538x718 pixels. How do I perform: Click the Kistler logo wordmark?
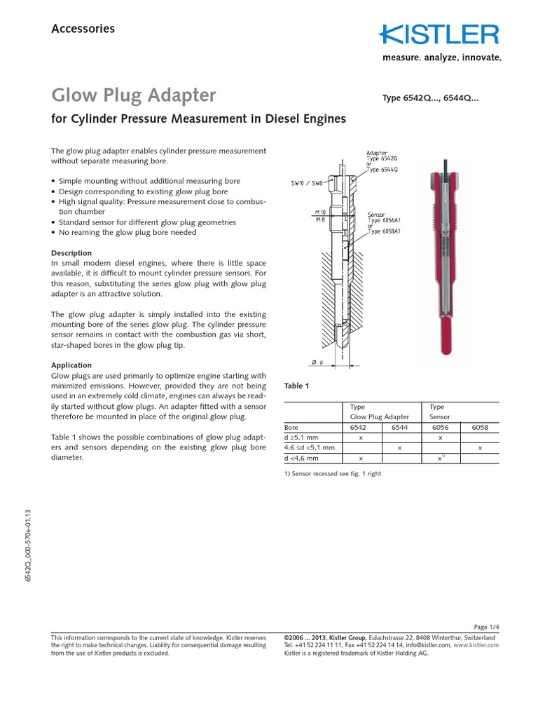440,35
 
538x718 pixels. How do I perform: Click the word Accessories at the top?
83,29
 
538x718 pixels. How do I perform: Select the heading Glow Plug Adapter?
134,95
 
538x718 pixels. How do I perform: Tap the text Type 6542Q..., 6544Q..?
430,98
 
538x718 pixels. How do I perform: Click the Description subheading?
71,253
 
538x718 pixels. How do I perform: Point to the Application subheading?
71,365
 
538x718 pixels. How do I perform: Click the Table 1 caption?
296,386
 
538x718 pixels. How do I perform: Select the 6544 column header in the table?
398,427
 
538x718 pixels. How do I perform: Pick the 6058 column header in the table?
480,427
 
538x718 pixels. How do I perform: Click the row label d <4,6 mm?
301,458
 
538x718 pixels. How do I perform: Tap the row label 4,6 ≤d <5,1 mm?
309,447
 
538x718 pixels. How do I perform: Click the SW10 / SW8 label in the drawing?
306,184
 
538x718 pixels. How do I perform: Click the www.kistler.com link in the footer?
477,645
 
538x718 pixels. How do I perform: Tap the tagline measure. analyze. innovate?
441,58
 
